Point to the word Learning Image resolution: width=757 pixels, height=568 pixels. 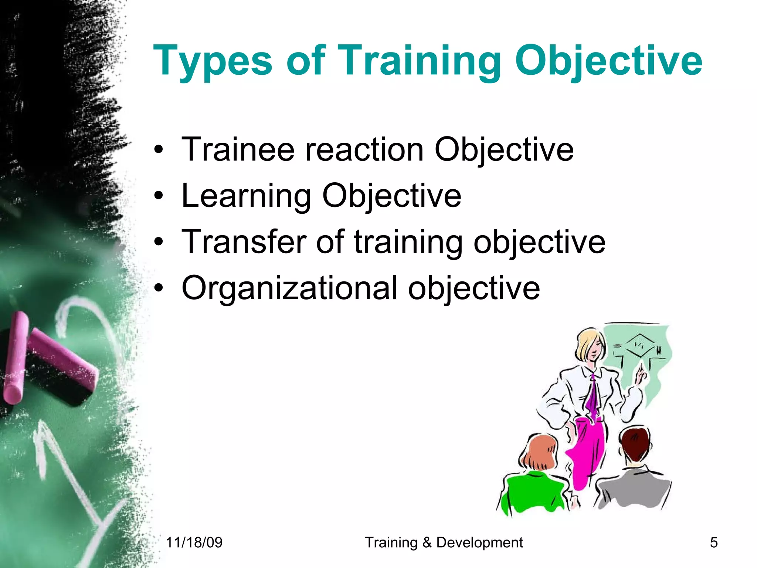[x=246, y=196]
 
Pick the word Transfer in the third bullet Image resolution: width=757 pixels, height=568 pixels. [x=244, y=242]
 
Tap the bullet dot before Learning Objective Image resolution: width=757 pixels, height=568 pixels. [x=159, y=196]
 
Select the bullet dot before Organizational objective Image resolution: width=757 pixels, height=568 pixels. [x=159, y=288]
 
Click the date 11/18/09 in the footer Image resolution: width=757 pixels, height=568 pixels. [x=194, y=542]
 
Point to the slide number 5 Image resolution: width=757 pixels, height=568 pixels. [x=714, y=542]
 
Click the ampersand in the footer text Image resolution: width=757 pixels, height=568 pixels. [x=427, y=542]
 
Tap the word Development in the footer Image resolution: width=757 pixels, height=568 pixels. [x=479, y=542]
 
